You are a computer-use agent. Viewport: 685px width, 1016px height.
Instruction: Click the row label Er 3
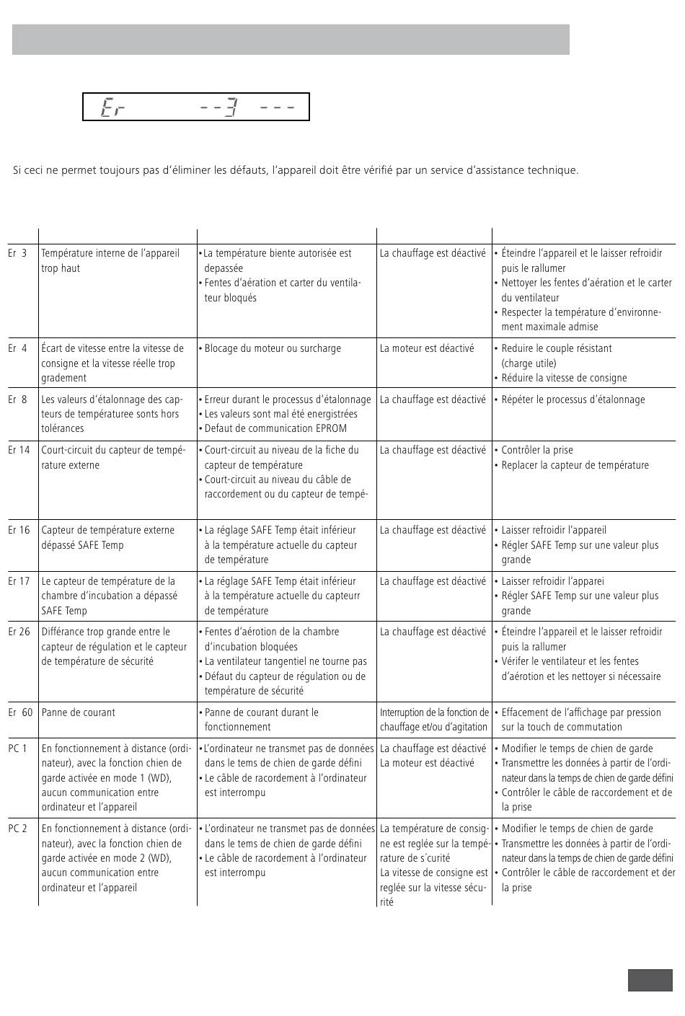[17, 254]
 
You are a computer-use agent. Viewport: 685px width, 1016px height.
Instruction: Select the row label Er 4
[17, 348]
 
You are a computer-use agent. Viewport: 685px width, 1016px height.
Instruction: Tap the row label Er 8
[17, 399]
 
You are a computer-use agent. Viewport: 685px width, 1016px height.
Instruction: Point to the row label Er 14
[19, 450]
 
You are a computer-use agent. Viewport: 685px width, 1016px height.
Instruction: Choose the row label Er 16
[19, 530]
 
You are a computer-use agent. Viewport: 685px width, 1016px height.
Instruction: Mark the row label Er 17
[19, 581]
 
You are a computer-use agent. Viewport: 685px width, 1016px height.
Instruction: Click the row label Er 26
[19, 632]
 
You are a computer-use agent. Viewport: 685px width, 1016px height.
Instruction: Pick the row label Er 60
[20, 712]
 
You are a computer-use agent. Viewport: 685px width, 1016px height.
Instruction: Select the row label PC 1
[17, 748]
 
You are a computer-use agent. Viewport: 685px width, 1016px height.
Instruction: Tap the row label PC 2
[17, 829]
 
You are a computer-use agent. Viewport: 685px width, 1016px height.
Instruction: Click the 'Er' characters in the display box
[112, 108]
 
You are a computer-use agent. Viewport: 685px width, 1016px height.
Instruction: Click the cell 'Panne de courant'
[78, 712]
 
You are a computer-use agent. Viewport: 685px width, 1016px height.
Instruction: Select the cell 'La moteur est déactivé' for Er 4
[427, 348]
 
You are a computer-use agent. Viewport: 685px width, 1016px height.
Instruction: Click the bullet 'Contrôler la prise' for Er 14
[536, 450]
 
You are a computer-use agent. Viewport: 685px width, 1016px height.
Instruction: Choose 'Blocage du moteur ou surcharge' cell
[272, 348]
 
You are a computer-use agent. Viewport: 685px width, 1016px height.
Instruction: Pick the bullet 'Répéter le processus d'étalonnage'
[573, 399]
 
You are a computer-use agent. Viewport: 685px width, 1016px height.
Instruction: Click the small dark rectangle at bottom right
[650, 981]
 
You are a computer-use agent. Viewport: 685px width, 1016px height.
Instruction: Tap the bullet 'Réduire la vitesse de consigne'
[564, 378]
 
